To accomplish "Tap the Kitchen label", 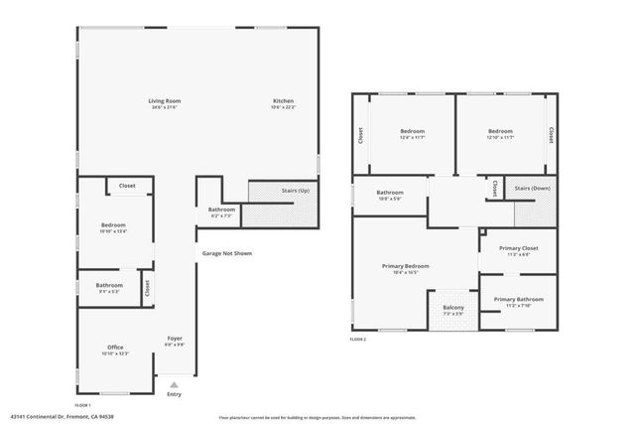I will click(284, 101).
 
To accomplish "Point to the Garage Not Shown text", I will click(227, 253).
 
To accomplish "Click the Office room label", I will click(115, 347).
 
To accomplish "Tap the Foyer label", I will click(175, 339).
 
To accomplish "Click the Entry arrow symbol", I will click(175, 383).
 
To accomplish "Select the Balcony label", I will click(453, 308).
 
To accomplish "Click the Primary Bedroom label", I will click(406, 266).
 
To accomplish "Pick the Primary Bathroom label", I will click(518, 299).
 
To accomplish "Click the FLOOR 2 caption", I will click(358, 340).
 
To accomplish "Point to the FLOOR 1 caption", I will click(83, 404).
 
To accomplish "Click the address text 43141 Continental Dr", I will click(50, 418).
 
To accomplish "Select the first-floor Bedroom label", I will click(114, 225).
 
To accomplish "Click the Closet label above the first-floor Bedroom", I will click(127, 186).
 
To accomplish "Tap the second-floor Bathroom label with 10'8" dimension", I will click(390, 193).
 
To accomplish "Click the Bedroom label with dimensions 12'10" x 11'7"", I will click(501, 131).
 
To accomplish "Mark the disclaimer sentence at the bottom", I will click(317, 418).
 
